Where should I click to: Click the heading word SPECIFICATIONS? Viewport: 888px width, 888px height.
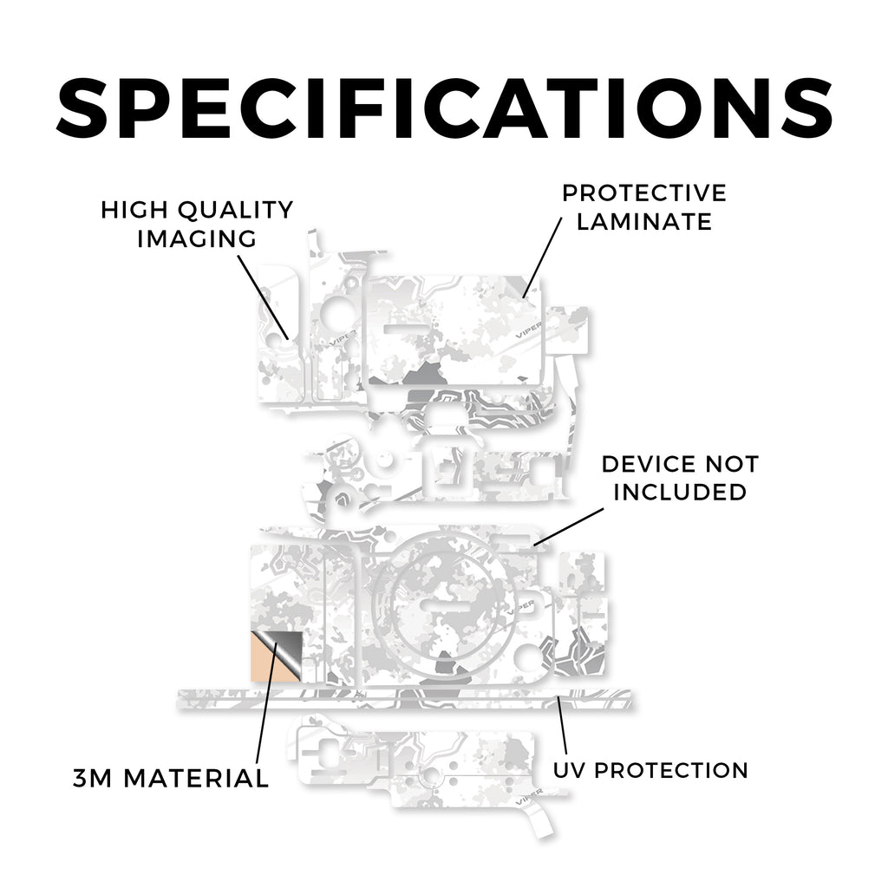click(x=444, y=108)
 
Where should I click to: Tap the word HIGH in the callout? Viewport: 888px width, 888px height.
click(x=134, y=210)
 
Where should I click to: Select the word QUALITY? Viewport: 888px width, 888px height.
click(x=236, y=211)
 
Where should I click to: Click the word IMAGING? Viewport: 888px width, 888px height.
click(x=197, y=238)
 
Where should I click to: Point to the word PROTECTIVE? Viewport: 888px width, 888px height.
click(x=644, y=193)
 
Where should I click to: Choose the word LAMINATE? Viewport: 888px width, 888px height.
click(x=644, y=221)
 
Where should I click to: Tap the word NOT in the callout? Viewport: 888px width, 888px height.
click(x=732, y=465)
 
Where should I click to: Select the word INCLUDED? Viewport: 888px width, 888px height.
click(x=680, y=493)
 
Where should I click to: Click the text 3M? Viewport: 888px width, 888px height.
click(x=93, y=778)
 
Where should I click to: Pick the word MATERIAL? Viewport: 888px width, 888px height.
click(x=196, y=778)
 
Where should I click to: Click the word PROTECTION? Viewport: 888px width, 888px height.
click(x=672, y=770)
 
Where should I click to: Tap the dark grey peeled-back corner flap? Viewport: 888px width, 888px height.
click(x=286, y=651)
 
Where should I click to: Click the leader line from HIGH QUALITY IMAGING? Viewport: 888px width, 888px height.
click(x=263, y=297)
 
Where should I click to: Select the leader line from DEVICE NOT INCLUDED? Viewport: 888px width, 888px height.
click(x=569, y=526)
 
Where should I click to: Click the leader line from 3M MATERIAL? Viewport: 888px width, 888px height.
click(x=267, y=703)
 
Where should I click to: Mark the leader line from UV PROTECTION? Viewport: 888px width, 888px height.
click(x=562, y=728)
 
